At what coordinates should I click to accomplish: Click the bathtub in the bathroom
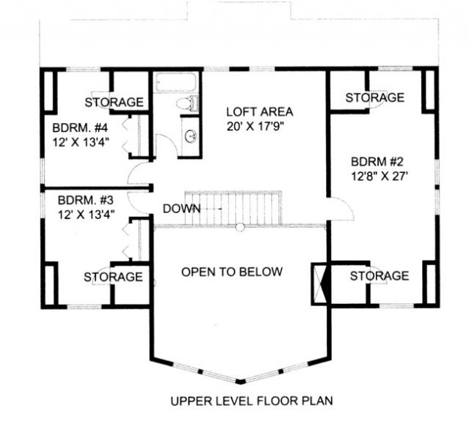176,81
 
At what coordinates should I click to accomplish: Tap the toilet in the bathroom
188,103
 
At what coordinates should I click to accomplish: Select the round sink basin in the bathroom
191,136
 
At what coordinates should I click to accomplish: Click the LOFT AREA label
259,112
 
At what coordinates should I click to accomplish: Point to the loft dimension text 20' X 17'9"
255,127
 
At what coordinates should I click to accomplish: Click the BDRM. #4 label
80,128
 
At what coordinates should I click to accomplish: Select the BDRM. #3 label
86,200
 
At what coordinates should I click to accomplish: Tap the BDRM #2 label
377,162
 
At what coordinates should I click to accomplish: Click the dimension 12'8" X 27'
380,176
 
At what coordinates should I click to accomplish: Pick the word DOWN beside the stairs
182,209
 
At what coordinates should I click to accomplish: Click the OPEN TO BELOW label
232,272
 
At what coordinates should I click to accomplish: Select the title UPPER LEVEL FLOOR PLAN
251,401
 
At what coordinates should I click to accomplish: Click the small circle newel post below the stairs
240,227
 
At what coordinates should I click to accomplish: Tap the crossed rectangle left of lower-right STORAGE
321,284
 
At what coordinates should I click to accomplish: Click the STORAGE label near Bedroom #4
114,103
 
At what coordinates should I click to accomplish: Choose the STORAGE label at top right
374,97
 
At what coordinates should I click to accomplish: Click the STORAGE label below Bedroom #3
113,277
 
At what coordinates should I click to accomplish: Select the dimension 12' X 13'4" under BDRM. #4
81,142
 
